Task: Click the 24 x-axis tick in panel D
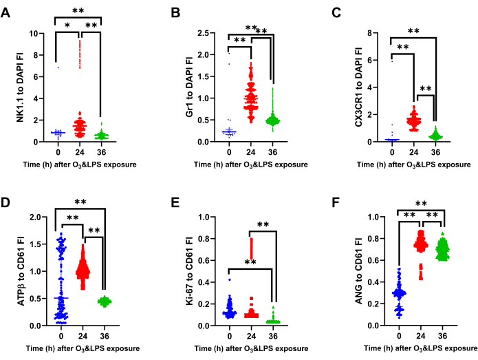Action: tap(82, 335)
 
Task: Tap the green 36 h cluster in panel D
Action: tap(104, 301)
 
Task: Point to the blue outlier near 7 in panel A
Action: tap(58, 67)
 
